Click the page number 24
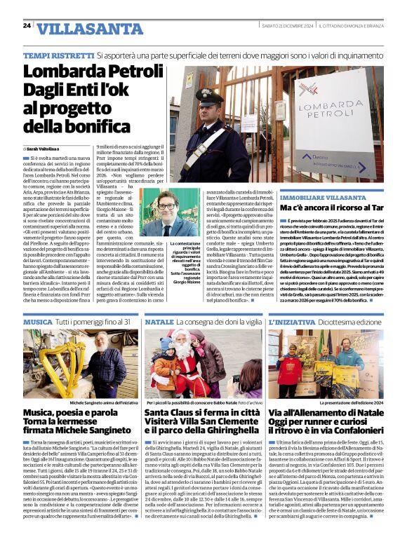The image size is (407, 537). (27, 25)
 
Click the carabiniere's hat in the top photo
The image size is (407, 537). (213, 95)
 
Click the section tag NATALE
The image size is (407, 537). (159, 321)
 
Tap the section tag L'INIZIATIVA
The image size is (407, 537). (293, 321)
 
